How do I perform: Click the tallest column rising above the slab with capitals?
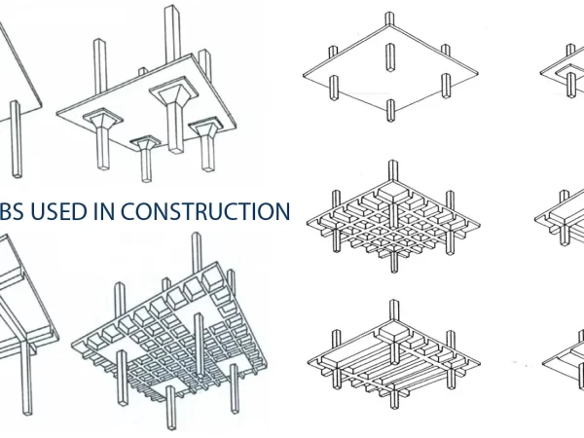click(172, 29)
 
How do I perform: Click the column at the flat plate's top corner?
click(389, 25)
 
